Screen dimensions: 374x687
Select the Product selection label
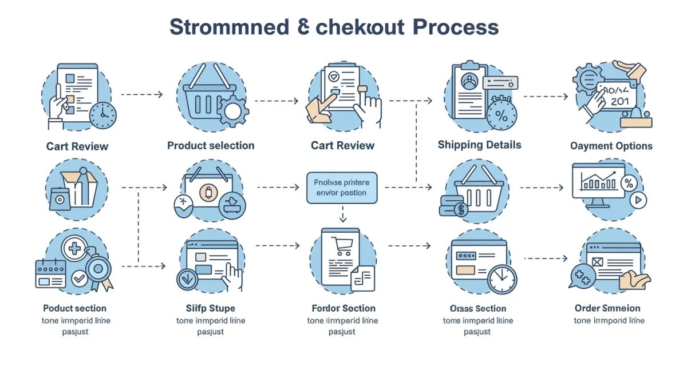pyautogui.click(x=211, y=146)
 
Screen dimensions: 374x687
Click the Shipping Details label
pyautogui.click(x=480, y=145)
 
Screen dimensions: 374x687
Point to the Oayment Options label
pyautogui.click(x=611, y=146)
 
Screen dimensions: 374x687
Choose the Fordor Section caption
pyautogui.click(x=343, y=308)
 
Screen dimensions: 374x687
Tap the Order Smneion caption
pyautogui.click(x=607, y=308)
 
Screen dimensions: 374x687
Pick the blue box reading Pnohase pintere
pyautogui.click(x=342, y=188)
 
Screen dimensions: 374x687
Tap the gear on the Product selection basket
pyautogui.click(x=232, y=110)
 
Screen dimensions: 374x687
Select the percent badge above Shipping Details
pyautogui.click(x=501, y=115)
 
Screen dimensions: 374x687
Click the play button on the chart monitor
pyautogui.click(x=636, y=200)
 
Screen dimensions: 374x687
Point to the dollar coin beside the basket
pyautogui.click(x=459, y=210)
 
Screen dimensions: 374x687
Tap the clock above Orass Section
pyautogui.click(x=502, y=278)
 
